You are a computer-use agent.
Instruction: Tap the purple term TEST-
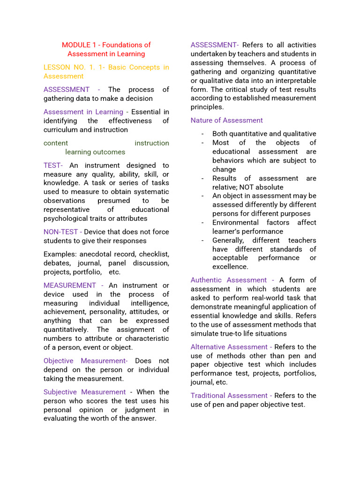click(53, 165)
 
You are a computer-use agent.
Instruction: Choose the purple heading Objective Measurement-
click(85, 361)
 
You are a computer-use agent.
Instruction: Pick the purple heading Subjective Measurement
click(84, 392)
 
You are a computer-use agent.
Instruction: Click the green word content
click(56, 143)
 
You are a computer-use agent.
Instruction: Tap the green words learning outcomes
click(95, 152)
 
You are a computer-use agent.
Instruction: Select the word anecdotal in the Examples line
click(94, 254)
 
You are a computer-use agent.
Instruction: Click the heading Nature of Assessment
click(226, 120)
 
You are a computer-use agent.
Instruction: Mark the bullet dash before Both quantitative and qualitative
click(202, 134)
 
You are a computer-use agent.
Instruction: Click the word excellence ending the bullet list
click(230, 267)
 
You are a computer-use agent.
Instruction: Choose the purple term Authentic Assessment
click(229, 280)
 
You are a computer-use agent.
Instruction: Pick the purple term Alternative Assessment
click(229, 347)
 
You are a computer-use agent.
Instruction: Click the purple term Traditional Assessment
click(229, 396)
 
